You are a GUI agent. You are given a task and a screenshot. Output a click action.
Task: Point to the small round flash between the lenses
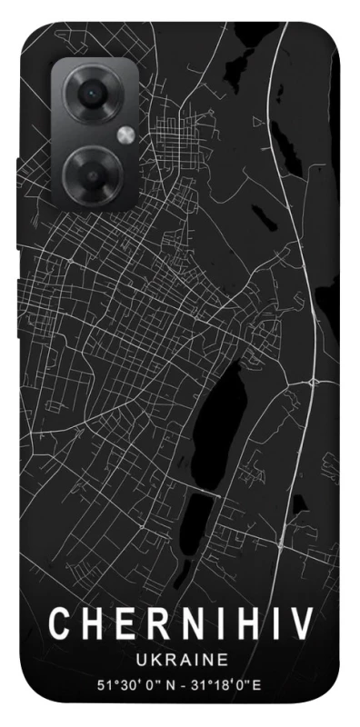125,134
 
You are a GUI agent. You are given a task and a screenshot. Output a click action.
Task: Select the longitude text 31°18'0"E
237,682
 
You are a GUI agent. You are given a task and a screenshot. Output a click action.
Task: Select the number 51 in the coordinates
103,682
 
